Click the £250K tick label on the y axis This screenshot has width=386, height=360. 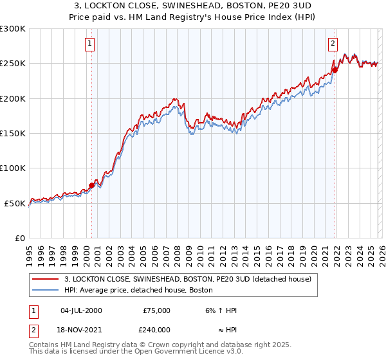coord(13,64)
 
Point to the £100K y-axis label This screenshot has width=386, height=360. coord(13,168)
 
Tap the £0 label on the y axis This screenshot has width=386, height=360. coord(21,238)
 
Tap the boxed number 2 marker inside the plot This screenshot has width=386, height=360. coord(333,44)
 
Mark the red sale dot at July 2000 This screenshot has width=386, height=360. coord(91,186)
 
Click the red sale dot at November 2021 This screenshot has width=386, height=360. coord(335,71)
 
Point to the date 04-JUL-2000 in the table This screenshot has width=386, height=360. coord(80,310)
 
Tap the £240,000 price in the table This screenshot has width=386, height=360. coord(156,328)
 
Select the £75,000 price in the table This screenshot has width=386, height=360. coord(156,310)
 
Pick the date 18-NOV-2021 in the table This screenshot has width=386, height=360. coord(80,328)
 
